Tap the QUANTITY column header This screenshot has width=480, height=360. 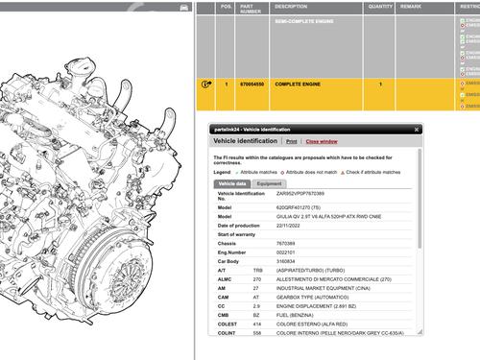point(380,6)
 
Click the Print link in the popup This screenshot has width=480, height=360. point(291,140)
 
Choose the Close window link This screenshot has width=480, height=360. point(322,140)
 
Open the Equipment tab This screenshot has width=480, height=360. point(269,182)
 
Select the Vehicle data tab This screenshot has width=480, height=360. point(230,182)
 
